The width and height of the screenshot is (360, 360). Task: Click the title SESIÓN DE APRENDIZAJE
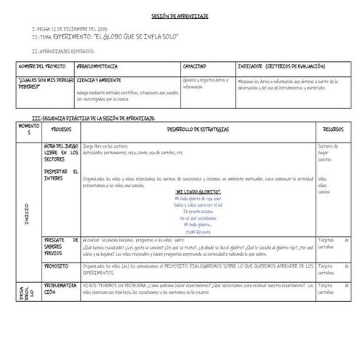coord(180,16)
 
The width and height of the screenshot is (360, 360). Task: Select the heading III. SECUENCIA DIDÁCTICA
coord(95,117)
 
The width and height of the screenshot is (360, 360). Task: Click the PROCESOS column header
coord(61,128)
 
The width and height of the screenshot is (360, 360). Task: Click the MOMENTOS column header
coord(28,129)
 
